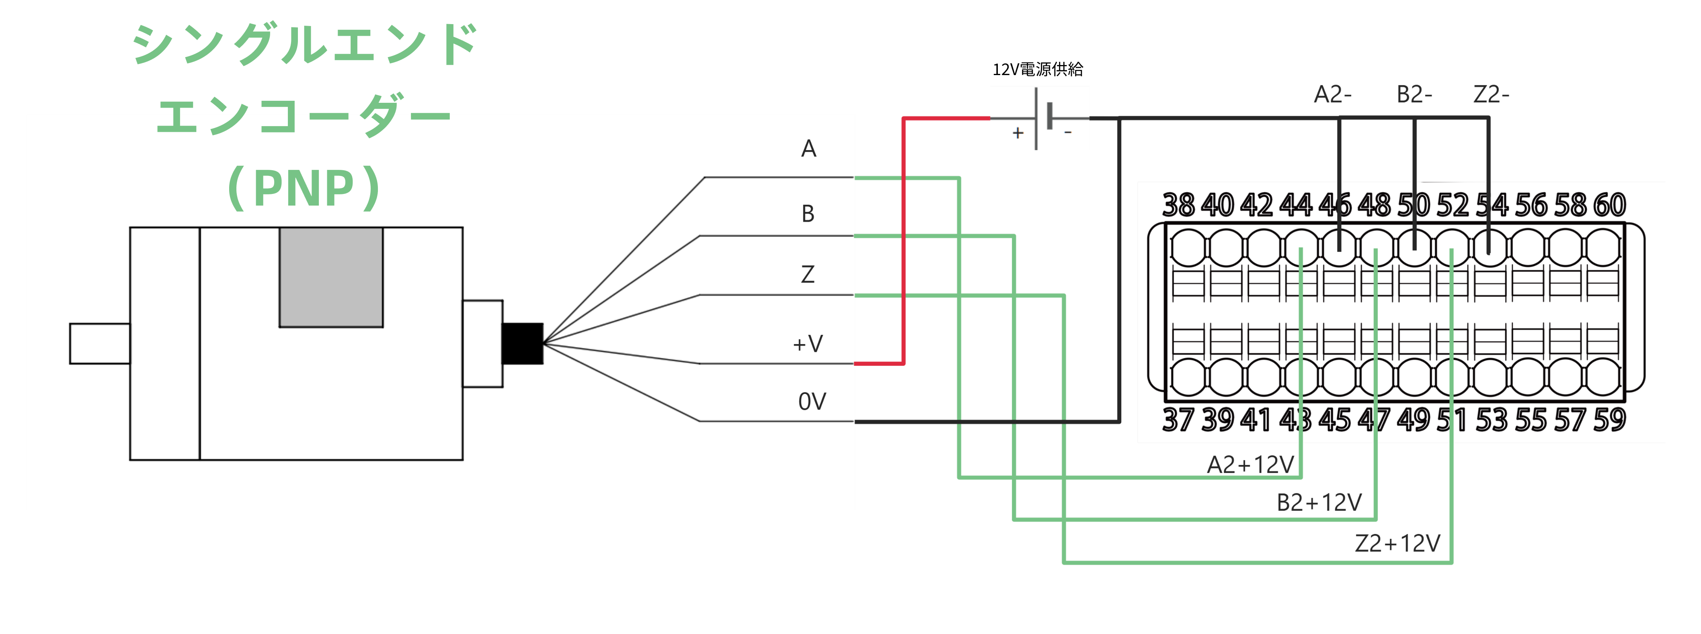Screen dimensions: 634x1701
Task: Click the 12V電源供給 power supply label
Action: point(1037,69)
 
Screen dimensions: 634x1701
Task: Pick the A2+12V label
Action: point(1250,465)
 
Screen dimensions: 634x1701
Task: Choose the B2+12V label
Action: point(1319,503)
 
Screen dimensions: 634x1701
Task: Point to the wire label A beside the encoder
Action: point(808,149)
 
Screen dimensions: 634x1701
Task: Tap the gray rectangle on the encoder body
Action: point(331,277)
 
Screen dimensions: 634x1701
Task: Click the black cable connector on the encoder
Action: point(522,343)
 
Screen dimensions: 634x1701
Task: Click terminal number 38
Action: point(1178,205)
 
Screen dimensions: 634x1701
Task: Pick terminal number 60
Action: point(1609,205)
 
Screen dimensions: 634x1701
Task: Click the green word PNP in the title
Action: point(304,188)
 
